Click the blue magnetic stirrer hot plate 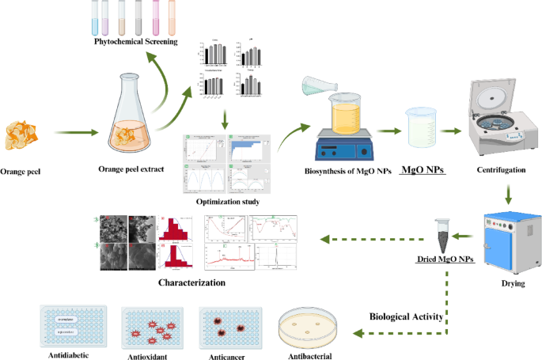[345, 148]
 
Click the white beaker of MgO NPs [424, 127]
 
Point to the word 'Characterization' [191, 281]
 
